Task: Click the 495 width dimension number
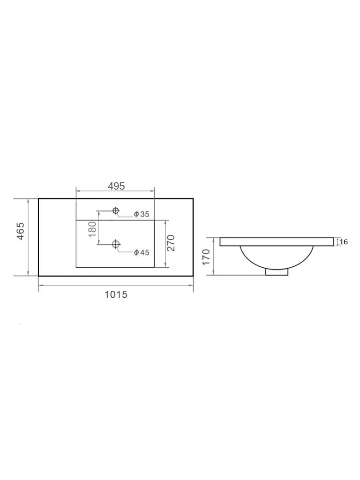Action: pyautogui.click(x=116, y=186)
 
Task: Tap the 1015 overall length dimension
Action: pyautogui.click(x=116, y=294)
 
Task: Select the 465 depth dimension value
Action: pyautogui.click(x=20, y=231)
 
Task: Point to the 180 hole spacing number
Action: pyautogui.click(x=92, y=229)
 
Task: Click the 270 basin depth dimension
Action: pyautogui.click(x=171, y=243)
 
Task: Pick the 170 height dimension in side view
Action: pyautogui.click(x=206, y=257)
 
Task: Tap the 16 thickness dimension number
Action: pyautogui.click(x=344, y=242)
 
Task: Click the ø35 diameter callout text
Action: pyautogui.click(x=142, y=214)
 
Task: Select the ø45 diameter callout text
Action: pyautogui.click(x=142, y=252)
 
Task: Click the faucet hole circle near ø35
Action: pyautogui.click(x=115, y=210)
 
